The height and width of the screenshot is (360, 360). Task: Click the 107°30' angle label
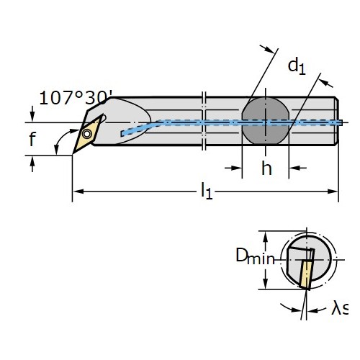(76, 98)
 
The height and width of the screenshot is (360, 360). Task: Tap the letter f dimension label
(32, 139)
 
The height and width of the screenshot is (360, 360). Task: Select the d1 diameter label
(297, 66)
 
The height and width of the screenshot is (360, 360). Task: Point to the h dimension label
(266, 168)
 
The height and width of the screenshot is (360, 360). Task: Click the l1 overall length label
(207, 191)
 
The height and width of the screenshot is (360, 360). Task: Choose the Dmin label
(255, 256)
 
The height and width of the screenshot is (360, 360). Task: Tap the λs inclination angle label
(340, 308)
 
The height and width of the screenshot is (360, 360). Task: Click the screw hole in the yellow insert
(87, 134)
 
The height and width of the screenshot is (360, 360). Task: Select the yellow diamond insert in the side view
(87, 135)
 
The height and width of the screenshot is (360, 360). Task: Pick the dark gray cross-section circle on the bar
(266, 121)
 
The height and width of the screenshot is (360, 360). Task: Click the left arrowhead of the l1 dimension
(78, 192)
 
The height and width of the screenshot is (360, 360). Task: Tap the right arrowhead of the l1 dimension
(333, 192)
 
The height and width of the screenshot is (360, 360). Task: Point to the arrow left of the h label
(233, 168)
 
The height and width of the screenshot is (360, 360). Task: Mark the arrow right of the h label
(297, 168)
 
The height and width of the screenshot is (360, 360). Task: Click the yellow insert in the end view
(306, 274)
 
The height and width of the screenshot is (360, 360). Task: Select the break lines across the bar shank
(204, 121)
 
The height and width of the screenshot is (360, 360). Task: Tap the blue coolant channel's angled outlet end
(123, 133)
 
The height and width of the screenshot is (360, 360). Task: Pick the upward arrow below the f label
(32, 164)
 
